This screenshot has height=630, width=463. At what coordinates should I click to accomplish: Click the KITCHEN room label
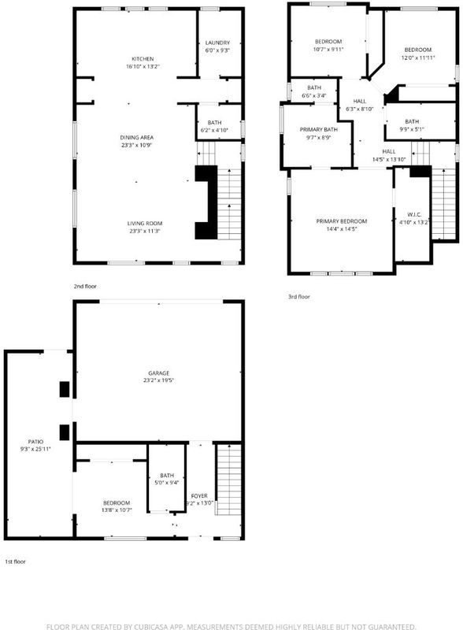(x=143, y=58)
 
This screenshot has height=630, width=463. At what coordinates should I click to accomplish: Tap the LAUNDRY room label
(x=217, y=43)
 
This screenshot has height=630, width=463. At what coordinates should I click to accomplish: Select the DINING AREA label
(x=137, y=137)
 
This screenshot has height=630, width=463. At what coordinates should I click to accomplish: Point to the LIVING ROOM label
(x=145, y=224)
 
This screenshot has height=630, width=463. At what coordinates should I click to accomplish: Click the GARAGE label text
(x=159, y=373)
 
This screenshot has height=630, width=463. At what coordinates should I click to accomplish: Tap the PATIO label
(x=35, y=442)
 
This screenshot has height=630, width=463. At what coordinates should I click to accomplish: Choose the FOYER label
(x=199, y=496)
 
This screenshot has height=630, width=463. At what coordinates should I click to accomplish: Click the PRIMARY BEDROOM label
(x=342, y=221)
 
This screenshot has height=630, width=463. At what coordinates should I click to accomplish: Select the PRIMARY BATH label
(x=319, y=129)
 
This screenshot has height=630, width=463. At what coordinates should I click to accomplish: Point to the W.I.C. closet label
(x=414, y=214)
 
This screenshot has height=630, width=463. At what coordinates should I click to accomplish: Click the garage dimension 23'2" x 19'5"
(x=159, y=380)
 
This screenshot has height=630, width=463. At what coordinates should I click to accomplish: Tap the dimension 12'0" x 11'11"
(x=418, y=57)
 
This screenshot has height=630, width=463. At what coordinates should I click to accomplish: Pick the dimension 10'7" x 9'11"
(x=328, y=49)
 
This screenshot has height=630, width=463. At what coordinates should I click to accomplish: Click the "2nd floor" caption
(x=85, y=287)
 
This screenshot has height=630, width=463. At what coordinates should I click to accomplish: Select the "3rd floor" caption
(x=299, y=297)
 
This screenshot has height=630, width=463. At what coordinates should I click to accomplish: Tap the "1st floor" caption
(x=15, y=561)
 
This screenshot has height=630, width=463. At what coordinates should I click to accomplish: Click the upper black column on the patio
(x=65, y=389)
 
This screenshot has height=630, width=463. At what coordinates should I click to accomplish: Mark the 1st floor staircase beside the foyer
(x=229, y=480)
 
